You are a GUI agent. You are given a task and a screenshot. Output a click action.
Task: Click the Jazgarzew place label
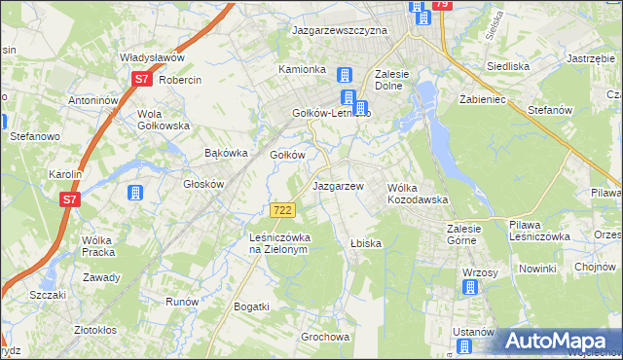(x=338, y=185)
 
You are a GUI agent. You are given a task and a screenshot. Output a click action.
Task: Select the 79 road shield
(x=441, y=5)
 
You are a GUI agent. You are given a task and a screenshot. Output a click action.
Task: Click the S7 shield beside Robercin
(x=142, y=79)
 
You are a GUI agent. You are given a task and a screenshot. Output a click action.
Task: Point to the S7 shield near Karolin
(x=69, y=199)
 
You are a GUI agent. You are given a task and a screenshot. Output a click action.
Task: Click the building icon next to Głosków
(x=135, y=192)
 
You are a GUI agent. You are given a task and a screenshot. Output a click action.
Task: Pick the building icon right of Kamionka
(x=344, y=75)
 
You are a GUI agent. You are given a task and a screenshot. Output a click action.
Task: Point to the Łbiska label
(x=366, y=242)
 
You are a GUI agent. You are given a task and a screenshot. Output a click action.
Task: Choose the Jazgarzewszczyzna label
(x=340, y=30)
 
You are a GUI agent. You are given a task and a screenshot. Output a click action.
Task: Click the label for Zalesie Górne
(x=472, y=234)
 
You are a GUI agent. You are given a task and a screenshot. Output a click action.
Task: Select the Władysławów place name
(x=152, y=57)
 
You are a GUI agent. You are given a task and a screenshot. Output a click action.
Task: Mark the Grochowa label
(x=325, y=338)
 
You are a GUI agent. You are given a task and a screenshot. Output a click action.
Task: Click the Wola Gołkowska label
(x=163, y=119)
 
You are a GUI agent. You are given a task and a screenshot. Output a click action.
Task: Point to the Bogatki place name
(x=251, y=306)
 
